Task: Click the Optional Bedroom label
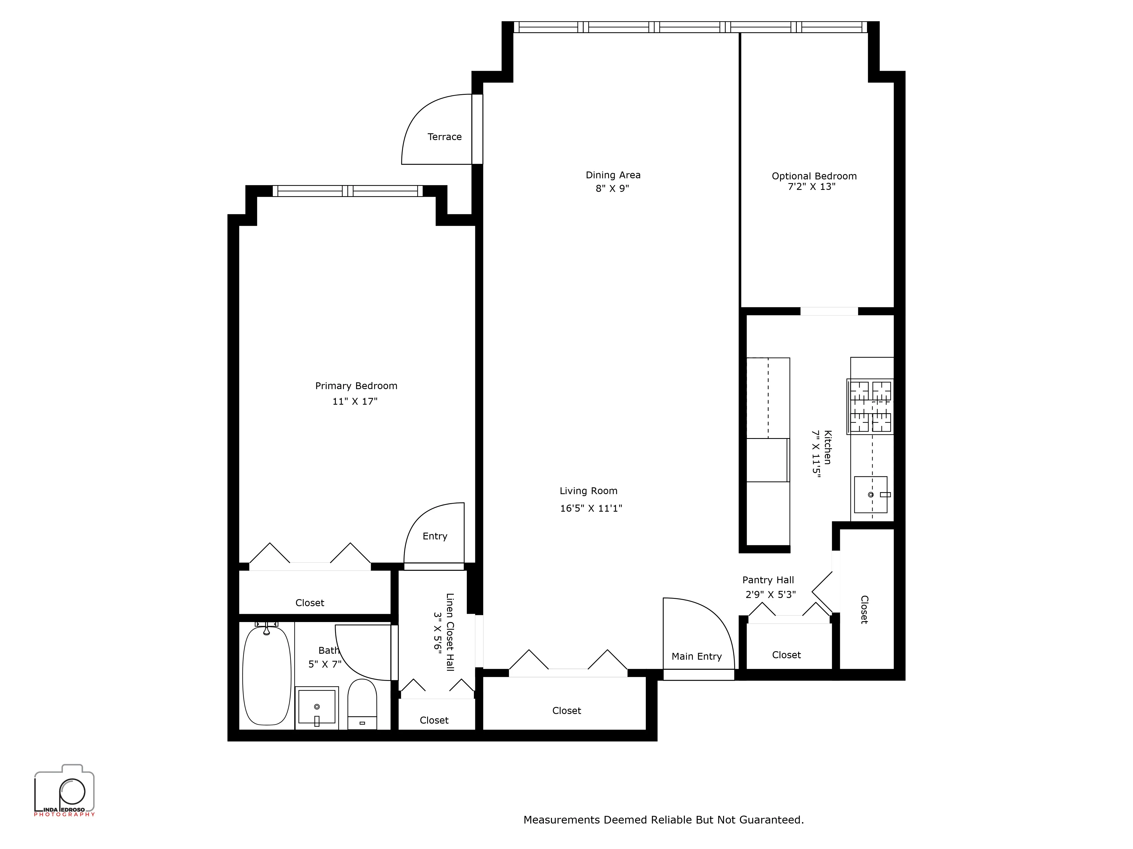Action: coord(814,176)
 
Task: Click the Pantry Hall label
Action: coord(768,580)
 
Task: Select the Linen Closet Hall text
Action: coord(450,632)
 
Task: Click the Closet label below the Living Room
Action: coord(566,711)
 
